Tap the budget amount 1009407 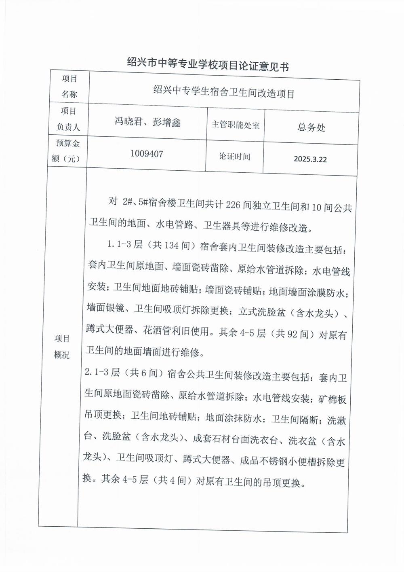(x=147, y=154)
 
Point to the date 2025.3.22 (x=310, y=159)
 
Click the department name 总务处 (x=311, y=127)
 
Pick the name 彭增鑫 (x=166, y=122)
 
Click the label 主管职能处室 (x=236, y=125)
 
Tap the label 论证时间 (x=235, y=156)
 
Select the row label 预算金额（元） (x=66, y=151)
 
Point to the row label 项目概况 (x=62, y=347)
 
